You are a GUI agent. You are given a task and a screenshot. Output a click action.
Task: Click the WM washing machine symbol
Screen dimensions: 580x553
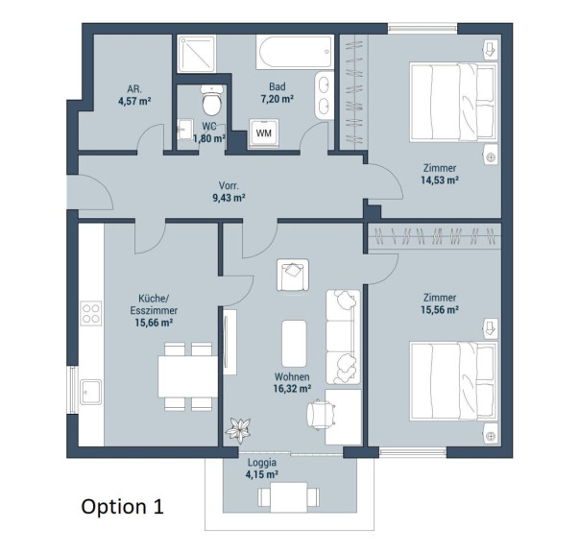(264, 133)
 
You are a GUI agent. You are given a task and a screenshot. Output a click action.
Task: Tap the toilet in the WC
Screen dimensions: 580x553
(211, 100)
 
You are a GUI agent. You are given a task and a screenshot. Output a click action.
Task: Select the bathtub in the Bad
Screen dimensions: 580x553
(295, 52)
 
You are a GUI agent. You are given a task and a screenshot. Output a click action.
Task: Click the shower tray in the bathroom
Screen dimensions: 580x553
(197, 54)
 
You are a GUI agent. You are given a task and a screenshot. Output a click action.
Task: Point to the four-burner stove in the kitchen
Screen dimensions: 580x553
(91, 313)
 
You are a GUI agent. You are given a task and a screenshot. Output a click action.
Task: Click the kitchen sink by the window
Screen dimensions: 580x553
(91, 392)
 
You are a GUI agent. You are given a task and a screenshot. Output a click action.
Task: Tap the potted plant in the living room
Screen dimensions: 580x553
(238, 430)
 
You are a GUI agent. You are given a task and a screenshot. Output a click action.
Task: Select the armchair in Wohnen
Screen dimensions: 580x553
(293, 275)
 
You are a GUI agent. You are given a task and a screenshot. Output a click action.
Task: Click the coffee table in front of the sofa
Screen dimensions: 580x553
(294, 344)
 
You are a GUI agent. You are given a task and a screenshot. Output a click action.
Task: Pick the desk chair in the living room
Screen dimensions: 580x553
(322, 415)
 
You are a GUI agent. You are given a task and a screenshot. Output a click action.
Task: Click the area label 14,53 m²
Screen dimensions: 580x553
(440, 180)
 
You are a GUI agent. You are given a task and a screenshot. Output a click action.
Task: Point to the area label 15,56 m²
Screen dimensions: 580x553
(440, 309)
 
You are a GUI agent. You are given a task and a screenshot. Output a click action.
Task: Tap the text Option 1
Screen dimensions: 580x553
(122, 506)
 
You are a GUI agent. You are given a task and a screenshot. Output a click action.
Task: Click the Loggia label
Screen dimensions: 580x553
(262, 463)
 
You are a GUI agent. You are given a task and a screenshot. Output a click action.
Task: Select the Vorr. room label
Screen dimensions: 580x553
(229, 185)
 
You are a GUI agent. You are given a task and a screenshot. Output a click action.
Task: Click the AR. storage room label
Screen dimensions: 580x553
(134, 88)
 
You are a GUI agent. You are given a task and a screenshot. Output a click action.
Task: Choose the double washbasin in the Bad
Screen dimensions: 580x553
(325, 95)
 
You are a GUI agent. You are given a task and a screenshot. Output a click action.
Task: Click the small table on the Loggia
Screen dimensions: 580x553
(289, 497)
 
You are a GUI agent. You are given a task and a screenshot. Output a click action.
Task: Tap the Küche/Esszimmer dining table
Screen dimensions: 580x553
(188, 376)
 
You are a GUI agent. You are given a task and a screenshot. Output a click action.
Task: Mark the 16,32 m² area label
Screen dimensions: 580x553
(292, 389)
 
